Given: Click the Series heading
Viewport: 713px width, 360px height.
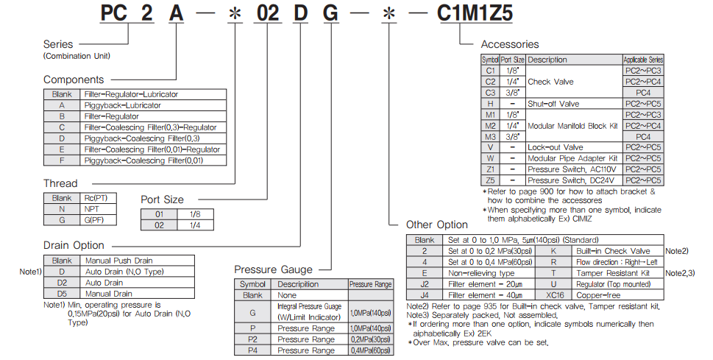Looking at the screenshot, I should (59, 44).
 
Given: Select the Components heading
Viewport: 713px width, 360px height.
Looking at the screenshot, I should (74, 80).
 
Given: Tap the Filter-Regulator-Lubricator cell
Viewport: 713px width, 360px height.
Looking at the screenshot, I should (131, 94).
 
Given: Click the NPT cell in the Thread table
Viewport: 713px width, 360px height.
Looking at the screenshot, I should (93, 209).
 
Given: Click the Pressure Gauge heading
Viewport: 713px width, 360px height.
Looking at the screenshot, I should (273, 269).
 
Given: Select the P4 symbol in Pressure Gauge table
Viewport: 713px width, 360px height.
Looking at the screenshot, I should (252, 350).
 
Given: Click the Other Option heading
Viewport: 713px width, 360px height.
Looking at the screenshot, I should (437, 225).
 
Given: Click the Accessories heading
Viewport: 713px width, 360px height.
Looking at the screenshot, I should (510, 44).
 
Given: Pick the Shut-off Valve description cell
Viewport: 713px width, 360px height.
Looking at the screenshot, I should (553, 104).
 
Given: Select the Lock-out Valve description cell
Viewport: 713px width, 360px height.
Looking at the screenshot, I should (555, 147).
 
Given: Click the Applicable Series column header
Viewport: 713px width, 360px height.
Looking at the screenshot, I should (643, 60).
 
